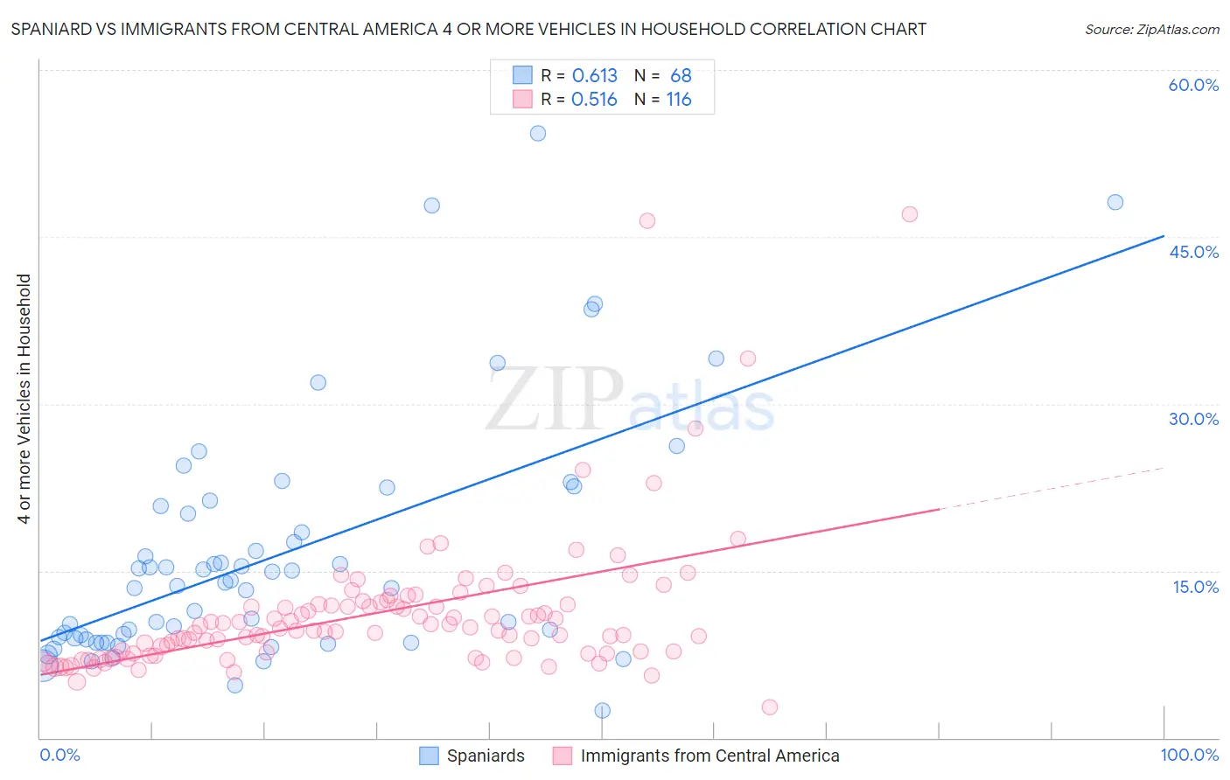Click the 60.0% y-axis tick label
[x=1193, y=85]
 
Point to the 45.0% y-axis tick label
[x=1193, y=252]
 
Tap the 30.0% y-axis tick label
[x=1193, y=419]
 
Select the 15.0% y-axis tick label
[x=1195, y=587]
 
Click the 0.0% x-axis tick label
[x=59, y=755]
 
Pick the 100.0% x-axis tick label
[x=1189, y=755]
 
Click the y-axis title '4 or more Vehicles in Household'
[x=24, y=399]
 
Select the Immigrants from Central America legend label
[x=709, y=756]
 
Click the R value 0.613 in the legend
[x=594, y=76]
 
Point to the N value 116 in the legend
[x=679, y=100]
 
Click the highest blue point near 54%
[x=538, y=134]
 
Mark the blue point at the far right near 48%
[x=1115, y=202]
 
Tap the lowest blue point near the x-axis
[x=602, y=711]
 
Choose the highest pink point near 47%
[x=910, y=214]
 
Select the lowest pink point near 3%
[x=770, y=707]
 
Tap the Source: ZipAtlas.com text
[x=1151, y=29]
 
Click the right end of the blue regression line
[x=1164, y=236]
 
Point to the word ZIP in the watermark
[x=554, y=399]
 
